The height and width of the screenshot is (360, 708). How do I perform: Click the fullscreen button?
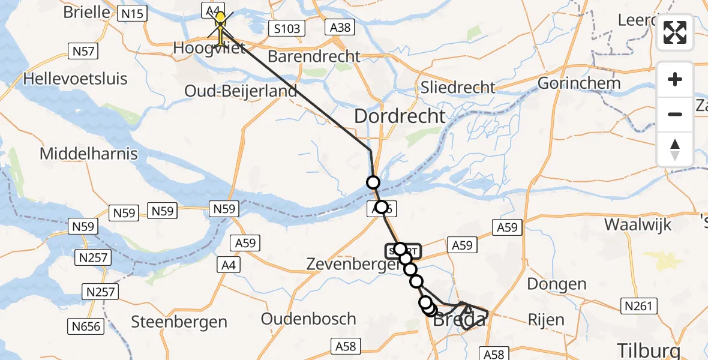point(675,32)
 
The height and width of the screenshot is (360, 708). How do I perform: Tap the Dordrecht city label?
point(400,116)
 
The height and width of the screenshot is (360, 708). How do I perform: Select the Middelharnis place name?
point(88,154)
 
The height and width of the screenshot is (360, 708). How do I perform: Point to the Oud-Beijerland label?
point(241,91)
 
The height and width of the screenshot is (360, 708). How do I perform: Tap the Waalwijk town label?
point(638,224)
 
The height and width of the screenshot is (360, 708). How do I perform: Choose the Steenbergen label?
point(179,321)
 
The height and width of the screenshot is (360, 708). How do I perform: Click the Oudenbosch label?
point(309,319)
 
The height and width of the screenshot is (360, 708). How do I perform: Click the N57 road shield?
point(83,51)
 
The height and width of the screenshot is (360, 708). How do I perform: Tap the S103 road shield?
point(286,28)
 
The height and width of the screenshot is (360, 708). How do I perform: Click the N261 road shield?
point(637,307)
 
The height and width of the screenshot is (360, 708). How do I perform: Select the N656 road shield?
point(86,326)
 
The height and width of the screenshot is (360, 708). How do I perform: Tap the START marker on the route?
point(403,250)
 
